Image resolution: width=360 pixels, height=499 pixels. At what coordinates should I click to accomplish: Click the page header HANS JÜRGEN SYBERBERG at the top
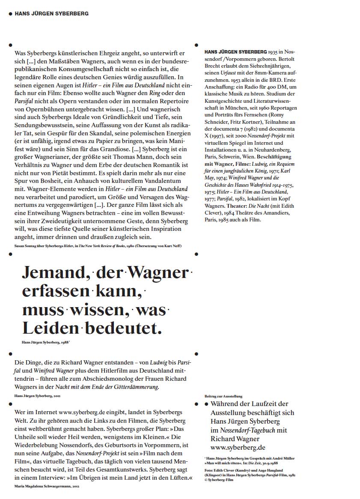51,14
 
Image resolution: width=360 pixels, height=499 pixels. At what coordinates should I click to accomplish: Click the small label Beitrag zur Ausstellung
223,396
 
